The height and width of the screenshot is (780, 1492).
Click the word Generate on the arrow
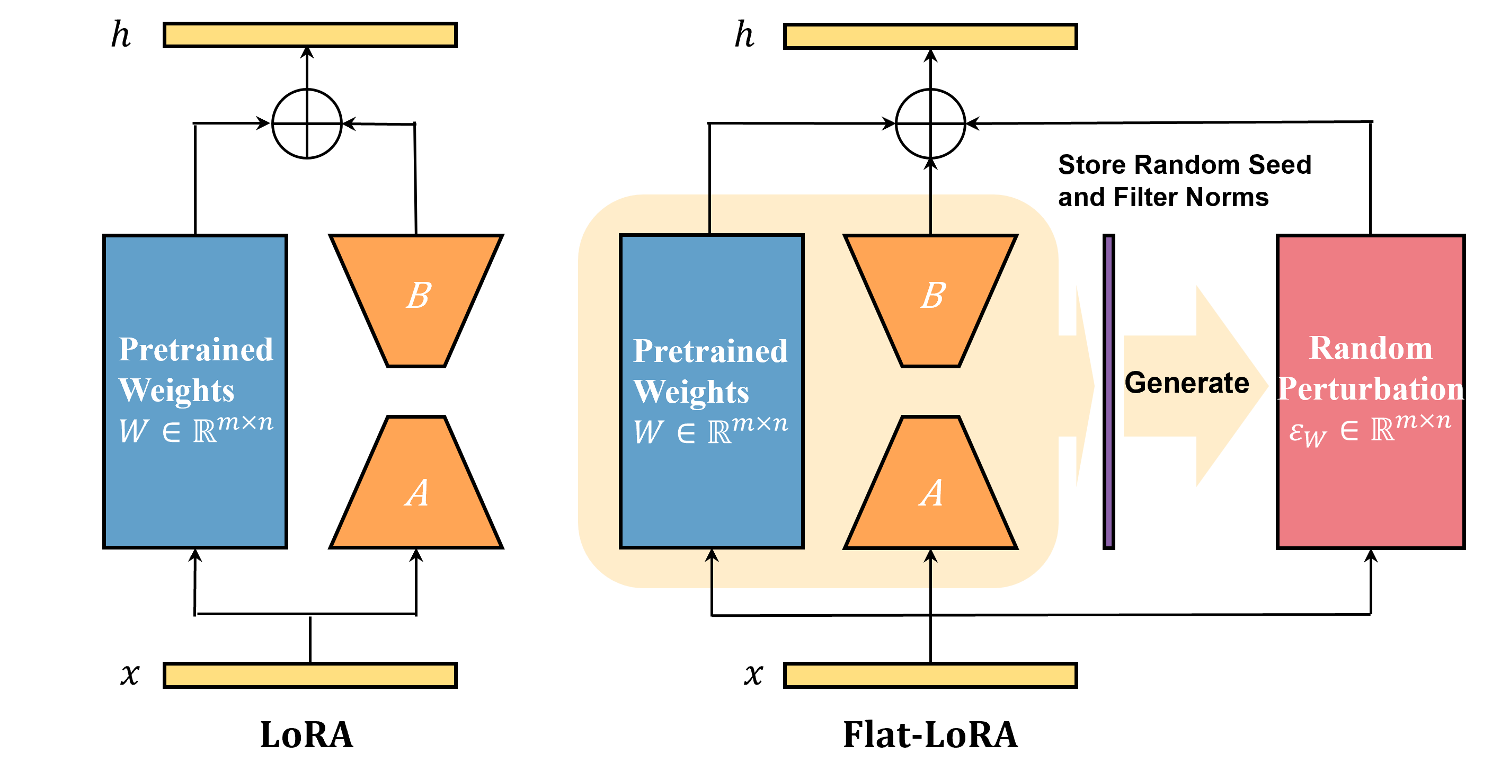pyautogui.click(x=1187, y=383)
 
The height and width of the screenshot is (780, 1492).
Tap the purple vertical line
pyautogui.click(x=1108, y=392)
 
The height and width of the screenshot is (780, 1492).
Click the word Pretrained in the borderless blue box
pyautogui.click(x=196, y=349)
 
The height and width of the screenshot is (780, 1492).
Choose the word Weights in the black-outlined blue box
pyautogui.click(x=691, y=392)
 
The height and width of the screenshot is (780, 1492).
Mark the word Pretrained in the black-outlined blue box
pyautogui.click(x=711, y=351)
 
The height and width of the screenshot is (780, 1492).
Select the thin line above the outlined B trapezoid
pyautogui.click(x=931, y=214)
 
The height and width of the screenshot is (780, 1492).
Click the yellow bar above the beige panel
pyautogui.click(x=930, y=36)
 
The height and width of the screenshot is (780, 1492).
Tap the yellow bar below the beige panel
pyautogui.click(x=930, y=675)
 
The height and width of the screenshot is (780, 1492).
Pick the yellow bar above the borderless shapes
pyautogui.click(x=310, y=35)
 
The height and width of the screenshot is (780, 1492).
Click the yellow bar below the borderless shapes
pyautogui.click(x=310, y=675)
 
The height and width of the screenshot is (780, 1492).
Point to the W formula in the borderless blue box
pyautogui.click(x=196, y=430)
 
